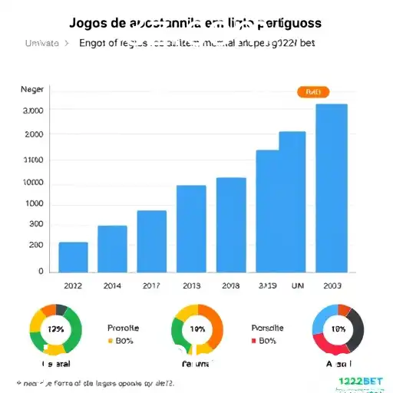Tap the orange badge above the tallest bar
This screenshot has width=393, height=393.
[312, 92]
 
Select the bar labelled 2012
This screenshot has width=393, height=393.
[74, 256]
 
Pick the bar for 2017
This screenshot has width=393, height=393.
[151, 241]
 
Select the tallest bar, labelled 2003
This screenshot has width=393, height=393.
[332, 188]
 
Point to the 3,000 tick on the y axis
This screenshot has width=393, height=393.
[33, 111]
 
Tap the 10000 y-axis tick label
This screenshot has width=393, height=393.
[33, 183]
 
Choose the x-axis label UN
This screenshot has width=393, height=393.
[298, 285]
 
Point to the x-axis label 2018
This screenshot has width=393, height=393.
[230, 285]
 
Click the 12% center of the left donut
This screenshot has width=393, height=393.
[55, 329]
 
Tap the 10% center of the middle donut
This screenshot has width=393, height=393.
[197, 329]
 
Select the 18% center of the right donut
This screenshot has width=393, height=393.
[339, 329]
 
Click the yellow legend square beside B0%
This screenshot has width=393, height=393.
[111, 340]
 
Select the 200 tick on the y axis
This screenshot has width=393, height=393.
[36, 245]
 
